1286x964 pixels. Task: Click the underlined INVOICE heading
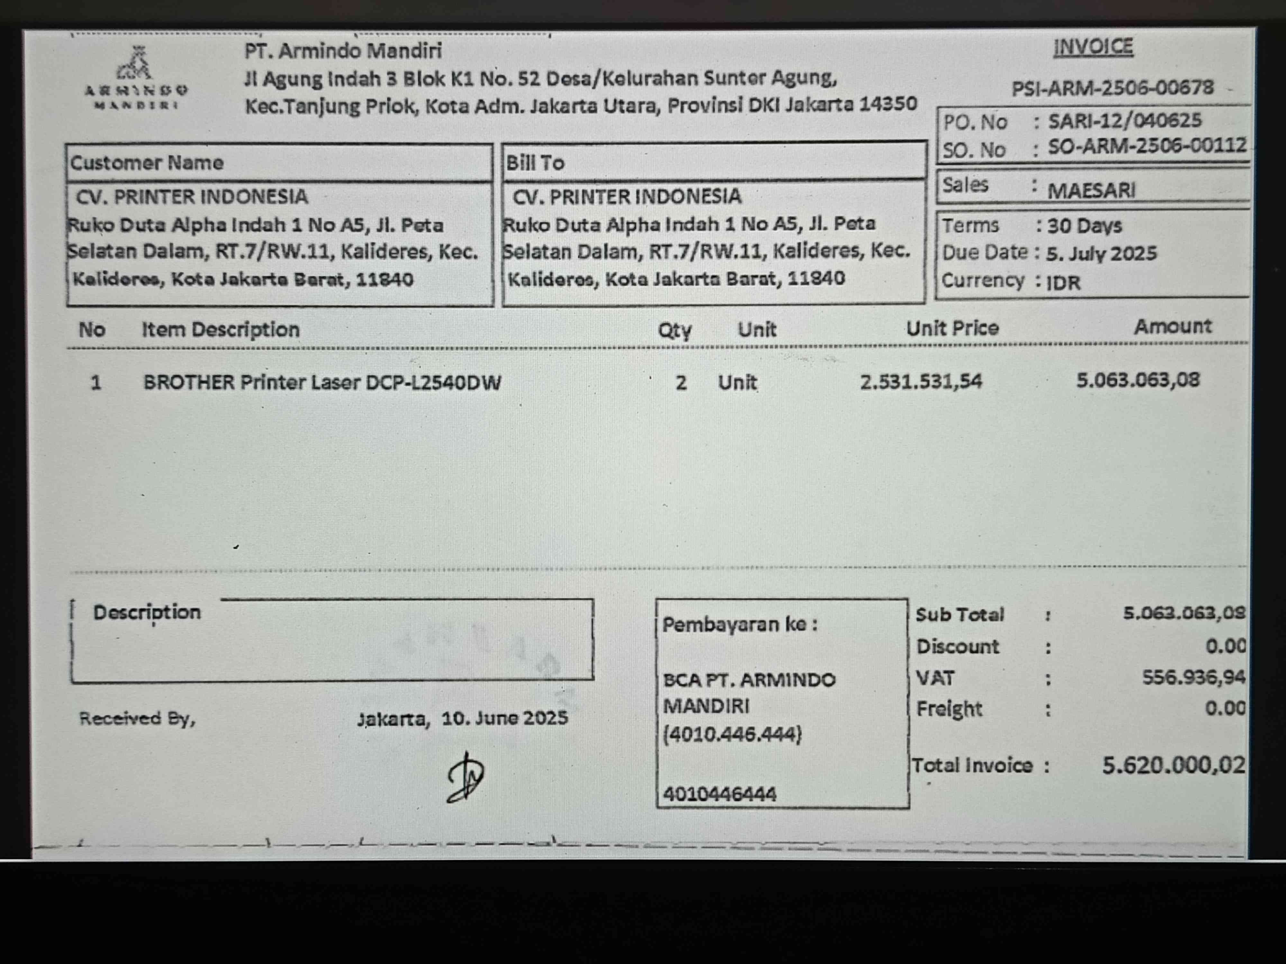pyautogui.click(x=1093, y=47)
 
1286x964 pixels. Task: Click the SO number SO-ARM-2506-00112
pyautogui.click(x=1147, y=146)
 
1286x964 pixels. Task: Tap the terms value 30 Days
pyautogui.click(x=1084, y=226)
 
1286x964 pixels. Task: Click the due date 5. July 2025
pyautogui.click(x=1101, y=253)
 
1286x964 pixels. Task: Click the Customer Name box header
pyautogui.click(x=147, y=163)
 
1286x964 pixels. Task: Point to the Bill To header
pyautogui.click(x=535, y=163)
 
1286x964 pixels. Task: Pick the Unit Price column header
pyautogui.click(x=952, y=328)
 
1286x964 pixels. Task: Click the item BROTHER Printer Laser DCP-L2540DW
pyautogui.click(x=321, y=382)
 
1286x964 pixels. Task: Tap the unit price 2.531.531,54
pyautogui.click(x=921, y=382)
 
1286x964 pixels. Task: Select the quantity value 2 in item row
pyautogui.click(x=681, y=383)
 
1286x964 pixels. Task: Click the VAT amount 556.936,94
pyautogui.click(x=1193, y=677)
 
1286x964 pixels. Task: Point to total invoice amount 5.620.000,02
pyautogui.click(x=1173, y=765)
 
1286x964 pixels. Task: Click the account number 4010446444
pyautogui.click(x=719, y=794)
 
